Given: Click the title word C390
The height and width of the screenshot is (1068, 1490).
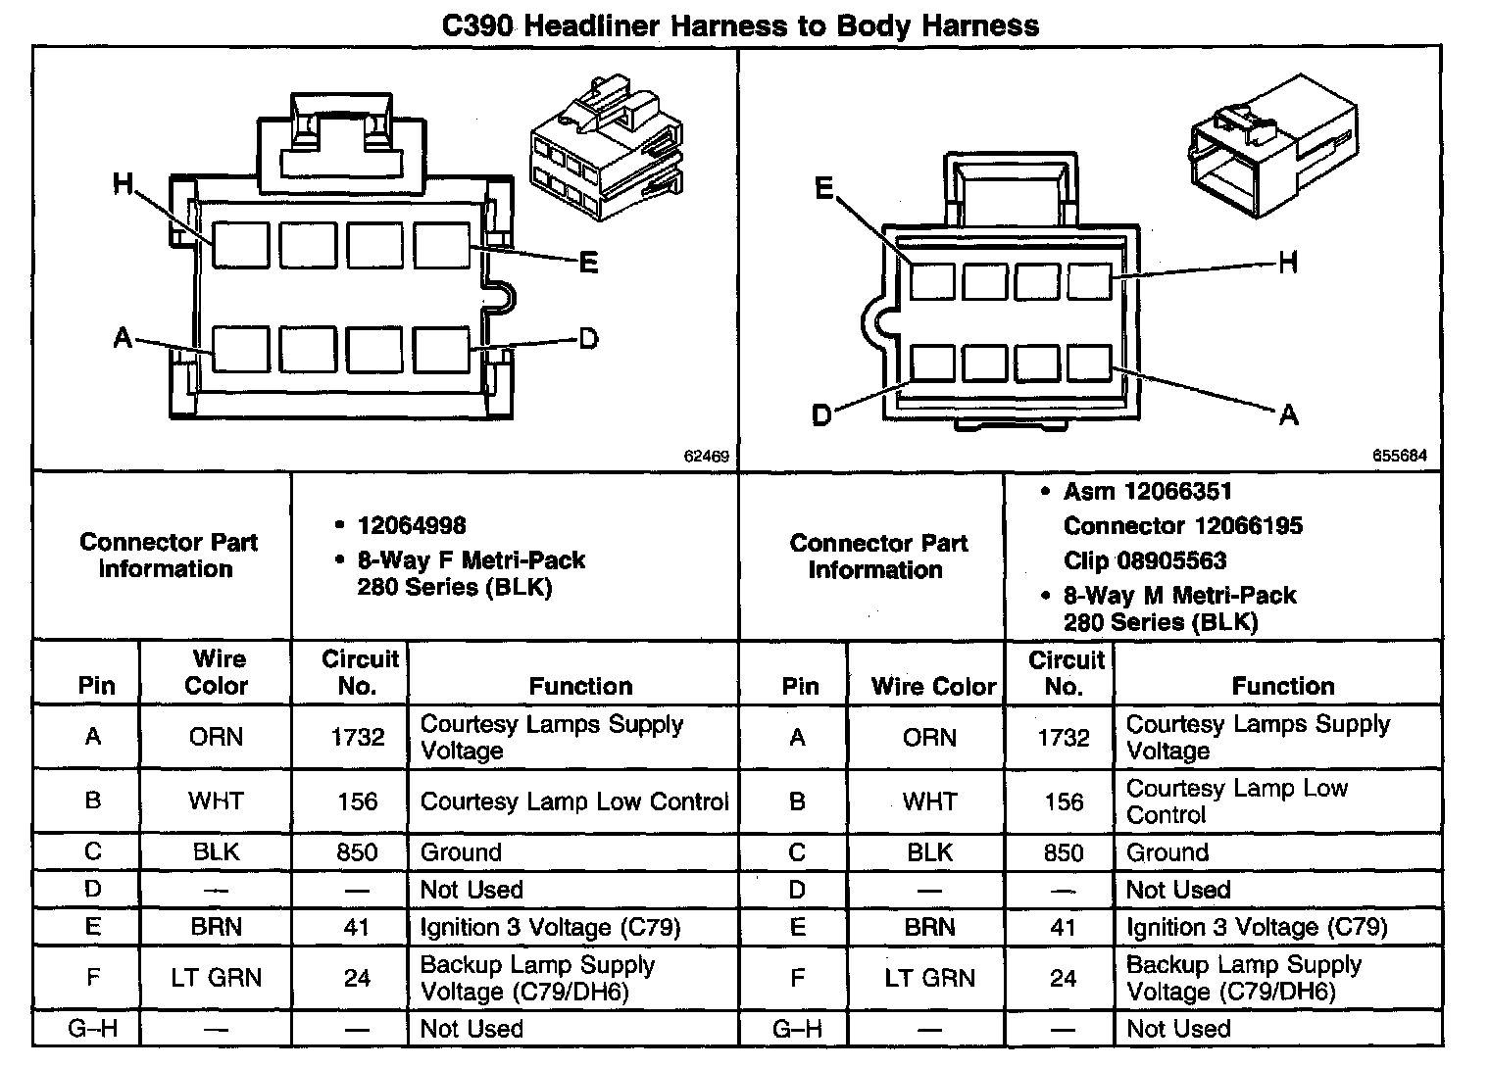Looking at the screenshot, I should [x=477, y=25].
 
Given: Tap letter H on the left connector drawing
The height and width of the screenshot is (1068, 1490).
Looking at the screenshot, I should [x=123, y=184].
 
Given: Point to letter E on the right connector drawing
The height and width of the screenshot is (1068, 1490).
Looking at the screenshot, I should [x=824, y=188].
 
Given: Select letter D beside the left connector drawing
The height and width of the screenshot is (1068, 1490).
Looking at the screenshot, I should [x=588, y=339].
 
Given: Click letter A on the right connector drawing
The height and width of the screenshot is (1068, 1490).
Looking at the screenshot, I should [x=1288, y=415].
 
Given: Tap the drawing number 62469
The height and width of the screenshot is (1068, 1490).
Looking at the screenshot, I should [x=707, y=456].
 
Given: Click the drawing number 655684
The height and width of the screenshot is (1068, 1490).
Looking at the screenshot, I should [x=1400, y=456].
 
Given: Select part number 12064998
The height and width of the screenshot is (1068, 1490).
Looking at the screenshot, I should [x=412, y=526].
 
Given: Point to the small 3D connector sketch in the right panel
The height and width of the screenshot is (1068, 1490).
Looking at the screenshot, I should [x=1271, y=148].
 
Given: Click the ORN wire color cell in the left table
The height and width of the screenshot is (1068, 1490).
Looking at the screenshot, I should [x=216, y=737].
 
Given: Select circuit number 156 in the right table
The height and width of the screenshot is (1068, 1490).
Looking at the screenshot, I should [x=1064, y=801].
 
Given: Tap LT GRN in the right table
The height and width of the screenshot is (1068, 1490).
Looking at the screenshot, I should [x=929, y=978].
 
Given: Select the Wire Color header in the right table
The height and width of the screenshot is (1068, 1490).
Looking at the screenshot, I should [x=933, y=686].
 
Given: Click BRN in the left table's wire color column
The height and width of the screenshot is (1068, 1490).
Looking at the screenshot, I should [x=216, y=927].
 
